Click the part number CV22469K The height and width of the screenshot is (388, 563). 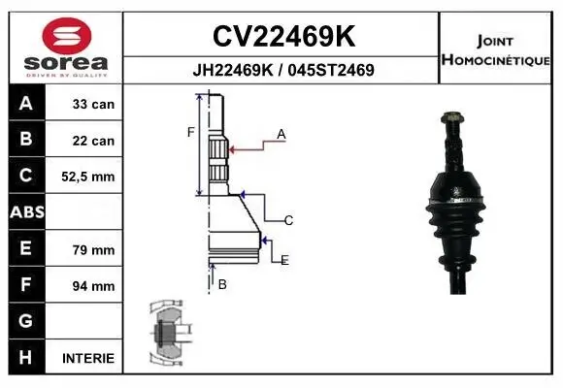pyautogui.click(x=283, y=36)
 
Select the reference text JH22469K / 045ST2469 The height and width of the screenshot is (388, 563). pyautogui.click(x=283, y=70)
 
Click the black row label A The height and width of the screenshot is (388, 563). pyautogui.click(x=26, y=104)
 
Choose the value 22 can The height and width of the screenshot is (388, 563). pyautogui.click(x=93, y=141)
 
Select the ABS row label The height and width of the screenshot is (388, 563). pyautogui.click(x=26, y=212)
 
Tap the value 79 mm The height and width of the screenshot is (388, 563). pyautogui.click(x=93, y=249)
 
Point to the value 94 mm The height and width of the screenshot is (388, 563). pyautogui.click(x=93, y=286)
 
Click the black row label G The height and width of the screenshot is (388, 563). pyautogui.click(x=26, y=321)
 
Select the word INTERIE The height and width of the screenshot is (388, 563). pyautogui.click(x=88, y=358)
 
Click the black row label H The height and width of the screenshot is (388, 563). pyautogui.click(x=26, y=357)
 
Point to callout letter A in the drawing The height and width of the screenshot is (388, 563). pyautogui.click(x=281, y=135)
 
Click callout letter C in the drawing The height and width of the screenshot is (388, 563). pyautogui.click(x=289, y=220)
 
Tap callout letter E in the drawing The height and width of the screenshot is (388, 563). pyautogui.click(x=284, y=260)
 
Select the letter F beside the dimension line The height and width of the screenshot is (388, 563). pyautogui.click(x=191, y=132)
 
